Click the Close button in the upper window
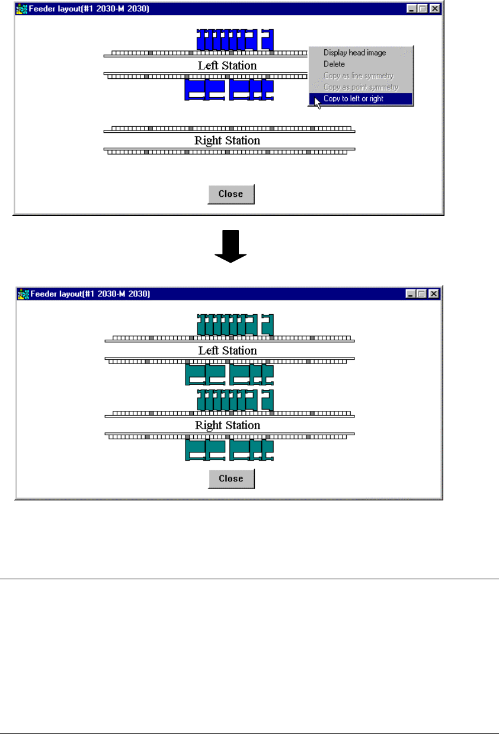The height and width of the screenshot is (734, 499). point(231,194)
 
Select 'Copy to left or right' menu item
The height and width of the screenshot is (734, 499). point(353,98)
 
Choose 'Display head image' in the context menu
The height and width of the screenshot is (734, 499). point(354,53)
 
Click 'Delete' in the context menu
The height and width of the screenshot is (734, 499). point(334,64)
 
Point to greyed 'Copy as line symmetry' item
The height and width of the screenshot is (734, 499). point(358,76)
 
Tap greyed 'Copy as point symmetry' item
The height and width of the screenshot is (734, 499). point(360,87)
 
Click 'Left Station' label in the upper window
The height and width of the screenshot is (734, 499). point(227,65)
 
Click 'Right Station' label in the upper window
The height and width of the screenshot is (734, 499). point(227,141)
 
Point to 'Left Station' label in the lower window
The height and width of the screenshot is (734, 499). point(227,350)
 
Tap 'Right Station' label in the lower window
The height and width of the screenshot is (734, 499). point(227,425)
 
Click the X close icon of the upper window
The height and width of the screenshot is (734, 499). point(435,9)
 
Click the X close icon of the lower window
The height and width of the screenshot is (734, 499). point(434,293)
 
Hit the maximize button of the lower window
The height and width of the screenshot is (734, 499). point(422,293)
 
